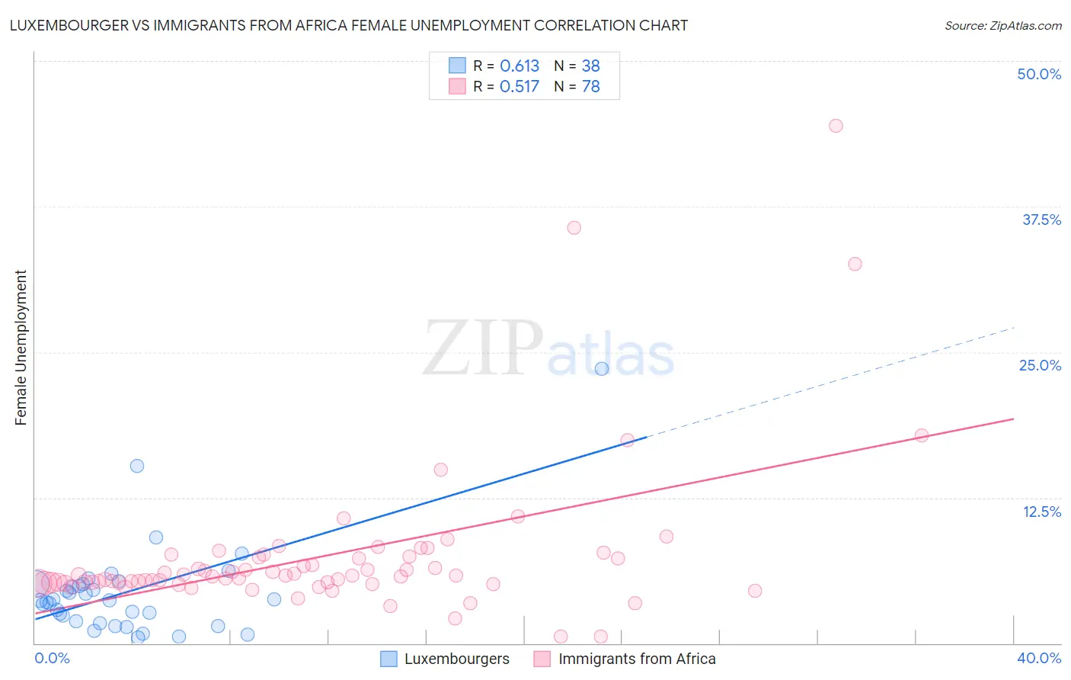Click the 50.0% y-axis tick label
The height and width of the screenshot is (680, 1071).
[x=1039, y=74]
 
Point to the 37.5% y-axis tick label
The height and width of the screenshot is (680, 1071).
[x=1041, y=220]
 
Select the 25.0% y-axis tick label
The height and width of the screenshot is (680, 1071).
[x=1040, y=365]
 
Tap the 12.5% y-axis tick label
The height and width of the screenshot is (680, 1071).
[x=1041, y=512]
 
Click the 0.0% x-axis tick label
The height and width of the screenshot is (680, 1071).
[x=52, y=658]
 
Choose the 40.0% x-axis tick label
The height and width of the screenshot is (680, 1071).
[x=1039, y=658]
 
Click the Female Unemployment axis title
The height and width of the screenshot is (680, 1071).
[x=21, y=348]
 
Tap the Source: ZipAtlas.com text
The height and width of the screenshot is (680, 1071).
[x=1002, y=25]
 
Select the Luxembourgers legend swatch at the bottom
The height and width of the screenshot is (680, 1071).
[x=388, y=659]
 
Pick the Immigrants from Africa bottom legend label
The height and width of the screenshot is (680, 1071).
[x=637, y=659]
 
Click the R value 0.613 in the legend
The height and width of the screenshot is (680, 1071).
[x=520, y=66]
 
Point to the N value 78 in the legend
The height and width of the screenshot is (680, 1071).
[x=591, y=86]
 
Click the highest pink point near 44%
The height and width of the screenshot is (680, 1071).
[x=836, y=126]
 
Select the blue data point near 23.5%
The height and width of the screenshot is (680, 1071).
[x=602, y=369]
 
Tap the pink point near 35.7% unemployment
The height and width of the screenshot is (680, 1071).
[x=574, y=228]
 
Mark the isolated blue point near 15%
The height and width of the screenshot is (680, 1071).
[x=137, y=466]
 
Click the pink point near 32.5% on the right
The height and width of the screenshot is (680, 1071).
[x=855, y=264]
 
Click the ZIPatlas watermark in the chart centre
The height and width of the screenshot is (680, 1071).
[x=548, y=349]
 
